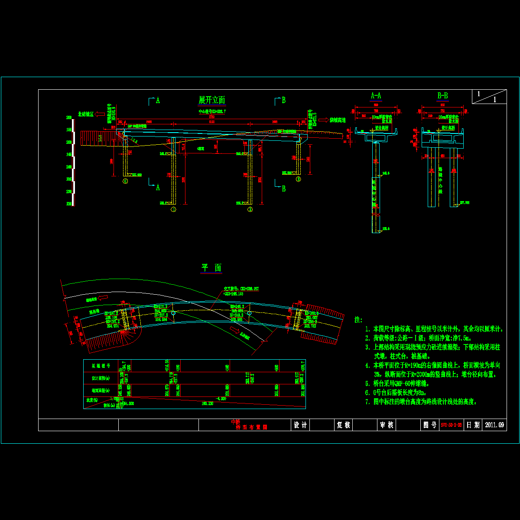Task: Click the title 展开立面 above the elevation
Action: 211,100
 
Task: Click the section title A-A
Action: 376,96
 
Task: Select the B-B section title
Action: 442,96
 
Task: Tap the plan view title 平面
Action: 211,268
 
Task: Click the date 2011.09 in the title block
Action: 494,425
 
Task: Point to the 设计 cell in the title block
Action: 300,425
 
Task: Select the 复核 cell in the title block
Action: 343,425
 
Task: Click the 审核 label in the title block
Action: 386,425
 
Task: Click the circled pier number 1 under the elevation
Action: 173,209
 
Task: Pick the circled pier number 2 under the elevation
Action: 250,209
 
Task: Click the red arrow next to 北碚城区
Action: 99,114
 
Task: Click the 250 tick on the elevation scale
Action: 68,142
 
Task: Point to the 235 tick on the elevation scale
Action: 68,179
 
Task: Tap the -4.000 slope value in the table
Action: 221,398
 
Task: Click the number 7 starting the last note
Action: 367,402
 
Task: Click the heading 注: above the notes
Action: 358,319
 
